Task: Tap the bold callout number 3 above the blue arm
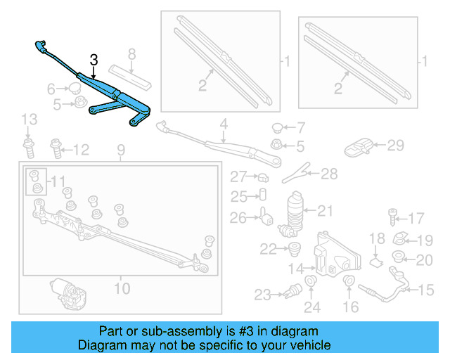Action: (92, 60)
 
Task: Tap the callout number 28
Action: (329, 173)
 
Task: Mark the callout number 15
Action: (427, 290)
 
